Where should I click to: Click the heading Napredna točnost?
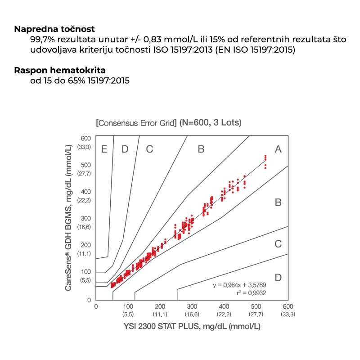pyautogui.click(x=54, y=29)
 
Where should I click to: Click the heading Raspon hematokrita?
pyautogui.click(x=60, y=70)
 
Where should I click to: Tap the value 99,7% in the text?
pyautogui.click(x=42, y=40)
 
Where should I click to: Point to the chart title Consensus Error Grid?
pyautogui.click(x=136, y=123)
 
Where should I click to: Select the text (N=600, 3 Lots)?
pyautogui.click(x=210, y=122)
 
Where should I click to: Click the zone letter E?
pyautogui.click(x=104, y=149)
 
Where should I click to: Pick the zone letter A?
pyautogui.click(x=278, y=149)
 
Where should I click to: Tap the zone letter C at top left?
pyautogui.click(x=149, y=149)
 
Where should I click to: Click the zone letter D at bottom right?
pyautogui.click(x=278, y=278)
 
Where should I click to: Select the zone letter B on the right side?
pyautogui.click(x=278, y=202)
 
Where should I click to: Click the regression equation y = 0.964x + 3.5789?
pyautogui.click(x=239, y=285)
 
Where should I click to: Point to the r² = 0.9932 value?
pyautogui.click(x=252, y=293)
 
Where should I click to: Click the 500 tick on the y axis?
pyautogui.click(x=86, y=165)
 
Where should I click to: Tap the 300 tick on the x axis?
pyautogui.click(x=192, y=306)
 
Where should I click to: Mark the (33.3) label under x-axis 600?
pyautogui.click(x=288, y=314)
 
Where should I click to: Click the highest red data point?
pyautogui.click(x=265, y=156)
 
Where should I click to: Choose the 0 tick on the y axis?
pyautogui.click(x=89, y=300)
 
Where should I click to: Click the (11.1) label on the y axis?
pyautogui.click(x=84, y=254)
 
